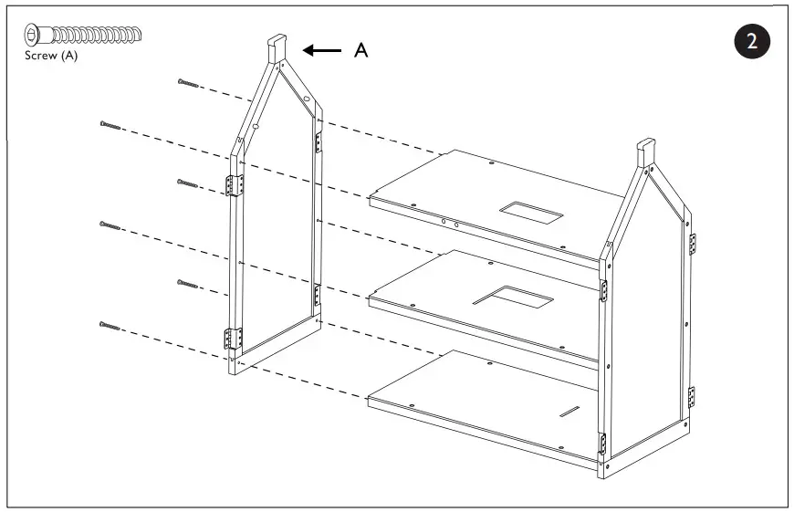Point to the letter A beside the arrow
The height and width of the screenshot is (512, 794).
click(x=361, y=51)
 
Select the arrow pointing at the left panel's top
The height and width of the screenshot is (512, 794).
click(x=320, y=51)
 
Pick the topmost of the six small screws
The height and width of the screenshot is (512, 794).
click(x=189, y=83)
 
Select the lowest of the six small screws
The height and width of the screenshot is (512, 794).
click(x=110, y=324)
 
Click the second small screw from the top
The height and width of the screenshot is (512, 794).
click(x=110, y=124)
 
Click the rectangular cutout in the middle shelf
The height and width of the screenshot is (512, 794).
click(x=513, y=297)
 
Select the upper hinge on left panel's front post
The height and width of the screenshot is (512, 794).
click(x=235, y=185)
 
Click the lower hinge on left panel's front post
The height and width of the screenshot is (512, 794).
click(x=234, y=339)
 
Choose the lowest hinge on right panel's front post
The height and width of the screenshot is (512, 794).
click(x=601, y=444)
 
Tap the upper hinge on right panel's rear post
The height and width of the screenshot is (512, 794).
click(x=692, y=243)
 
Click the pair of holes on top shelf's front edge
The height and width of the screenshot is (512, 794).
click(x=450, y=222)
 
